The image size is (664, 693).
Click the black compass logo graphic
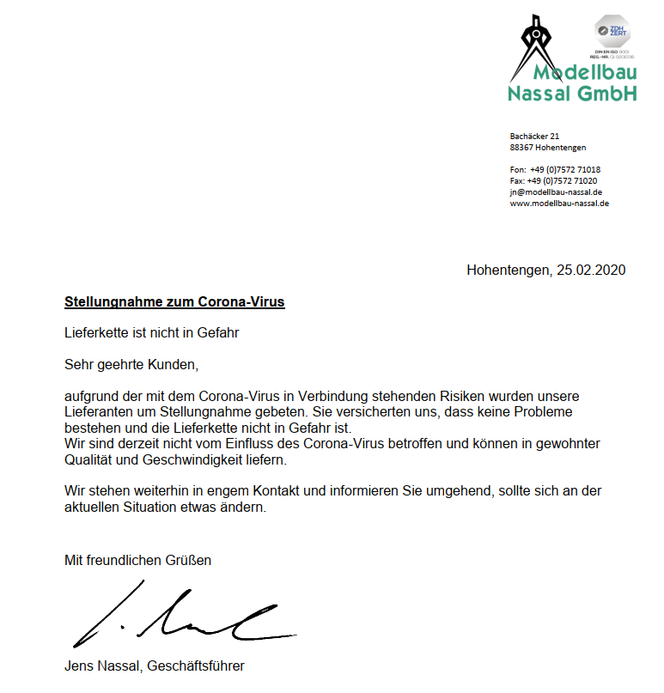click(x=533, y=45)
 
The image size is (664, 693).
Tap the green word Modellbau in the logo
click(x=585, y=74)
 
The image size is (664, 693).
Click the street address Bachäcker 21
click(x=534, y=136)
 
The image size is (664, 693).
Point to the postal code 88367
click(x=522, y=148)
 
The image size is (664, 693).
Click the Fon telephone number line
click(x=555, y=170)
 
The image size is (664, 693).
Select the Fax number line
click(x=553, y=181)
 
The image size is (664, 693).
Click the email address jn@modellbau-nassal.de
click(x=556, y=192)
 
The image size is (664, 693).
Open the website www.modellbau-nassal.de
click(x=559, y=204)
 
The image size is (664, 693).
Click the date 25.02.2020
click(x=590, y=270)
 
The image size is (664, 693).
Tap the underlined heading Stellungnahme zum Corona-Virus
click(x=174, y=302)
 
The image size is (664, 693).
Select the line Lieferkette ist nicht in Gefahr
click(x=151, y=332)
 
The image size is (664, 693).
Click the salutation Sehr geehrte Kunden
click(x=131, y=365)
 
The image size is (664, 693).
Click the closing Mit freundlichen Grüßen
click(x=137, y=561)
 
